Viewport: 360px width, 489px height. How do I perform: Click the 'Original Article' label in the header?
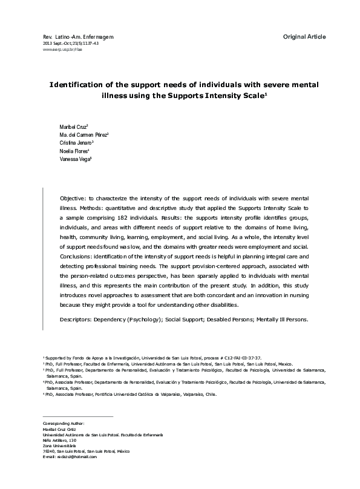304,37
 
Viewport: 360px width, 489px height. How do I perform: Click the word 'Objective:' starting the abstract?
75,199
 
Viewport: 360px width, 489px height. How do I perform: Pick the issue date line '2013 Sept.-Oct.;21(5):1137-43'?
71,44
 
